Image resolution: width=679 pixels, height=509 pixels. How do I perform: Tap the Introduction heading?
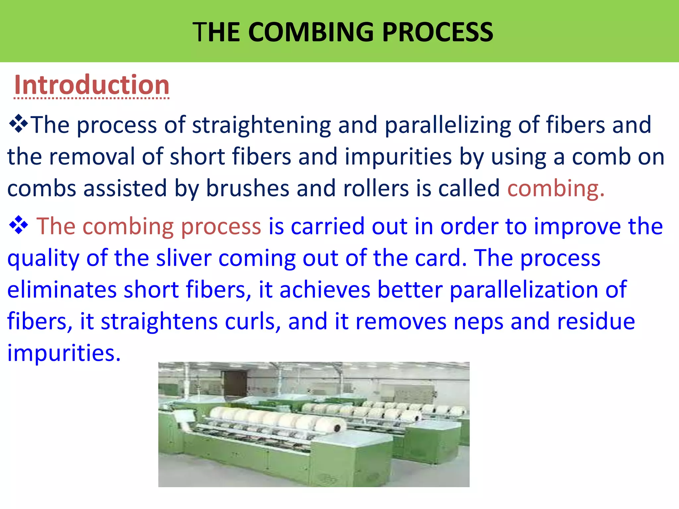coord(92,85)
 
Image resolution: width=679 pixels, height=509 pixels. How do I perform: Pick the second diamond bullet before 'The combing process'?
coord(19,225)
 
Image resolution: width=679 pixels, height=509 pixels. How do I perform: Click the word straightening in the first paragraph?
coord(262,125)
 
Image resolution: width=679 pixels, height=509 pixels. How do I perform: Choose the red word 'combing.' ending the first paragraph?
coord(556,188)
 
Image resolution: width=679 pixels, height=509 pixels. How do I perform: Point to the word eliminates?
coord(62,290)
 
